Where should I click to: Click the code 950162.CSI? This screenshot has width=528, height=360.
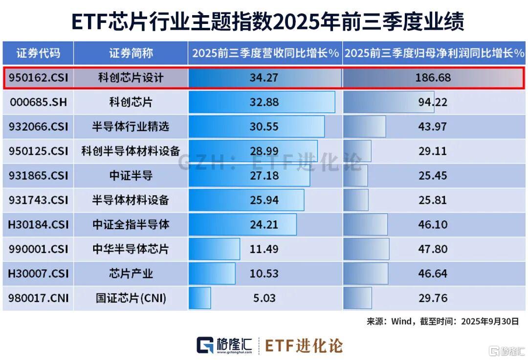pos(38,78)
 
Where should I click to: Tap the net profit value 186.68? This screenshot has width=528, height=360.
pos(433,78)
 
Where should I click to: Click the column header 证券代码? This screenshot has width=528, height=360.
pos(38,53)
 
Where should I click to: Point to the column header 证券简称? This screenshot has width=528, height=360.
pos(131,53)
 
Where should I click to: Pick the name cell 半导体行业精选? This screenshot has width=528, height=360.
pos(131,127)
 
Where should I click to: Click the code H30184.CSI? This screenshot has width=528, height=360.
pos(38,225)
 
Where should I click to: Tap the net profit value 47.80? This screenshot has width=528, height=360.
pos(433,249)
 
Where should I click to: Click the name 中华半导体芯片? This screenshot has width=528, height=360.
pos(131,249)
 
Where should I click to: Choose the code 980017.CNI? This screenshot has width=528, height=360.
pos(38,298)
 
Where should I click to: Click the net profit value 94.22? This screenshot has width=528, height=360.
pos(433,103)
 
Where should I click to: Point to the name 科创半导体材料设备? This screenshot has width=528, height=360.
pos(131,151)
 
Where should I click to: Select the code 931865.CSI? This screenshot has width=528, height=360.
pos(38,176)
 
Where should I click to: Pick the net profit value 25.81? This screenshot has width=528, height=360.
pos(433,200)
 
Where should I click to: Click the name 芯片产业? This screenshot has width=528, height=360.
pos(131,274)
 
